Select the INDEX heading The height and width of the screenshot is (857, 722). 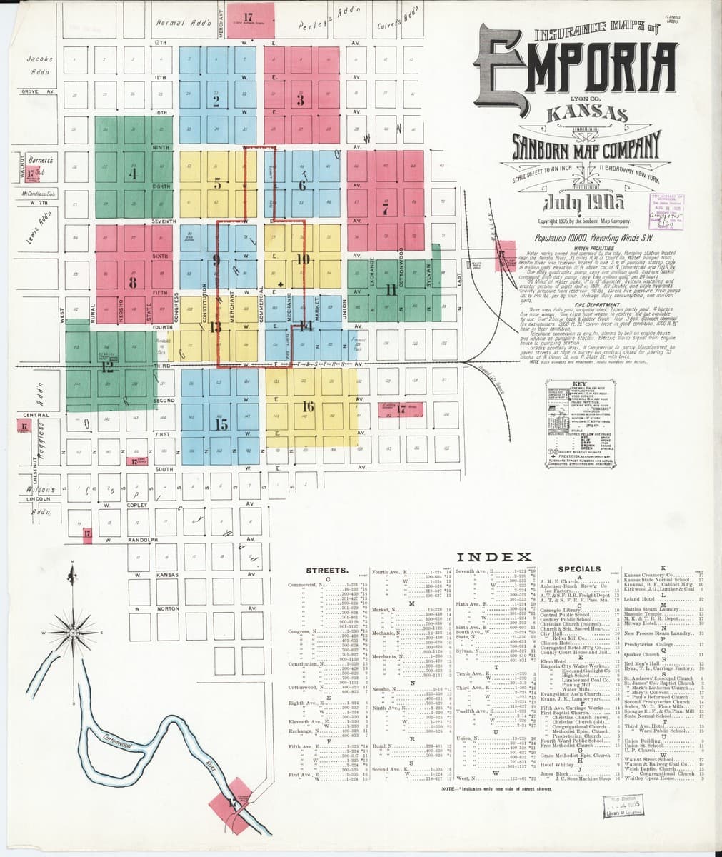point(494,557)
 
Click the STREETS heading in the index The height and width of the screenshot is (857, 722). point(327,571)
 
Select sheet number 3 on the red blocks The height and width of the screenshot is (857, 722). point(301,101)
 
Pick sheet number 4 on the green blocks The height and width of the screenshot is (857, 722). point(131,173)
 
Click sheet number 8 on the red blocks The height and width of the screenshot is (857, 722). point(132,283)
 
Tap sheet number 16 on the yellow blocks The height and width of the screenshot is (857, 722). point(309,406)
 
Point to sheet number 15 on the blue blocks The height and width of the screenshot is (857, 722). point(221,424)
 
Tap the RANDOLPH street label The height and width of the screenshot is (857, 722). point(142,541)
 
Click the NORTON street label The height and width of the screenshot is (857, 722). point(168,609)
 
